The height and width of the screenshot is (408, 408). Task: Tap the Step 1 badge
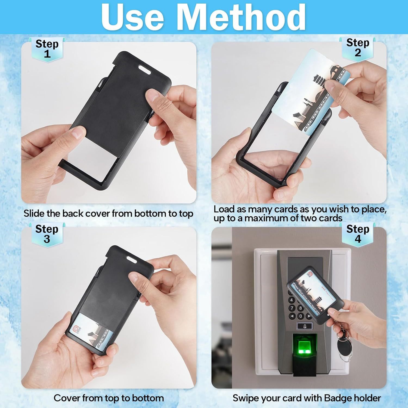[47, 49]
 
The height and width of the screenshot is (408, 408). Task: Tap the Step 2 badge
[358, 48]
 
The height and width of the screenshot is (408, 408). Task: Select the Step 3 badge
[47, 234]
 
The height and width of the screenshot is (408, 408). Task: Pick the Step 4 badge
[358, 234]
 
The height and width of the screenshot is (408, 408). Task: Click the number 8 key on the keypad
[300, 308]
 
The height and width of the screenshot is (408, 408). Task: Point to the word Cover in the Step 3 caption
[67, 398]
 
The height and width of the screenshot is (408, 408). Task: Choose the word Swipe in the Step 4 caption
[245, 398]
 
